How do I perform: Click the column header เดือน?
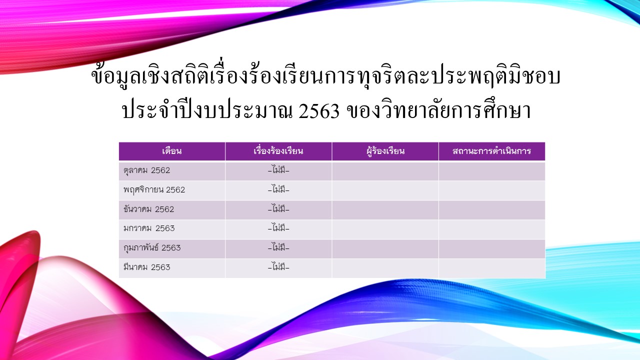(171, 151)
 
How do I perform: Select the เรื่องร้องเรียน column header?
(278, 151)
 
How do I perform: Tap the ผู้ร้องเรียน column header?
(385, 151)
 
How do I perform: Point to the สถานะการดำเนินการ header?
(491, 151)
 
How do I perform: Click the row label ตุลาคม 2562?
(146, 170)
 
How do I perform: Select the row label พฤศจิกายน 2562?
(154, 190)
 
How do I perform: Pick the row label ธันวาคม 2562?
(148, 209)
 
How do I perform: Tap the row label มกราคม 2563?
(149, 228)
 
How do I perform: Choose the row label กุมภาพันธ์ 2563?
(152, 247)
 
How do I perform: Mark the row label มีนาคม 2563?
(147, 267)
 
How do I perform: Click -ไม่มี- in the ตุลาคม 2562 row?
(278, 170)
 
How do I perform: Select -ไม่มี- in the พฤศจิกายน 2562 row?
(278, 189)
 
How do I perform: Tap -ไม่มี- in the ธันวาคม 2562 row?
(278, 209)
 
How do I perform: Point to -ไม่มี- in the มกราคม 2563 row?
(278, 228)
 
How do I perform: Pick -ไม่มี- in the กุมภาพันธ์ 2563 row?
(278, 247)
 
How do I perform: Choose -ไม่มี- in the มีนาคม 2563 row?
(278, 267)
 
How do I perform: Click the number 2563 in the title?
(319, 111)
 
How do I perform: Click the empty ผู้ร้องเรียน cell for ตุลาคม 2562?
(385, 171)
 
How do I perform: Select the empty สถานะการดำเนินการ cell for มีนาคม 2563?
(492, 268)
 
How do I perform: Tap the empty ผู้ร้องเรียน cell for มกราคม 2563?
(385, 229)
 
